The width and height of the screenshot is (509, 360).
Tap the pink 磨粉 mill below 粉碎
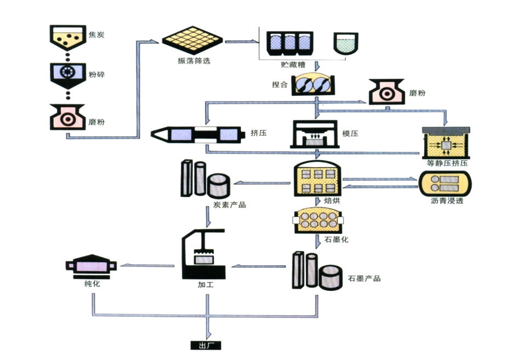click(67, 116)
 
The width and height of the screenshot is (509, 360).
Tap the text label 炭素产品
click(230, 205)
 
